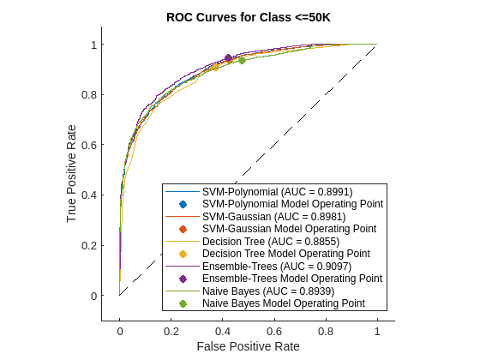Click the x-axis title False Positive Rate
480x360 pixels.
point(247,345)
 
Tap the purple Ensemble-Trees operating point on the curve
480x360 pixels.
point(228,58)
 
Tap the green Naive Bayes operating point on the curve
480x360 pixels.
point(242,60)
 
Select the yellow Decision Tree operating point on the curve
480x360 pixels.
point(215,67)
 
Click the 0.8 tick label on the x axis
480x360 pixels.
point(325,330)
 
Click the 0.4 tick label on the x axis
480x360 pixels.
point(222,330)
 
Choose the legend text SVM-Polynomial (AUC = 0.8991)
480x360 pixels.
point(277,192)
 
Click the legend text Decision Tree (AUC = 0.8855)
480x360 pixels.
point(273,242)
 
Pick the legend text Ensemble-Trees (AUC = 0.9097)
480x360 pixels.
point(276,267)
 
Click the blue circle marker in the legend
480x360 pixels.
point(183,204)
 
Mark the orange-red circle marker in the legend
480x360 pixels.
point(183,229)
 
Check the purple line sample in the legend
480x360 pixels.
point(183,267)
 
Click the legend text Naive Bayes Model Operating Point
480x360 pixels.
point(284,303)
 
